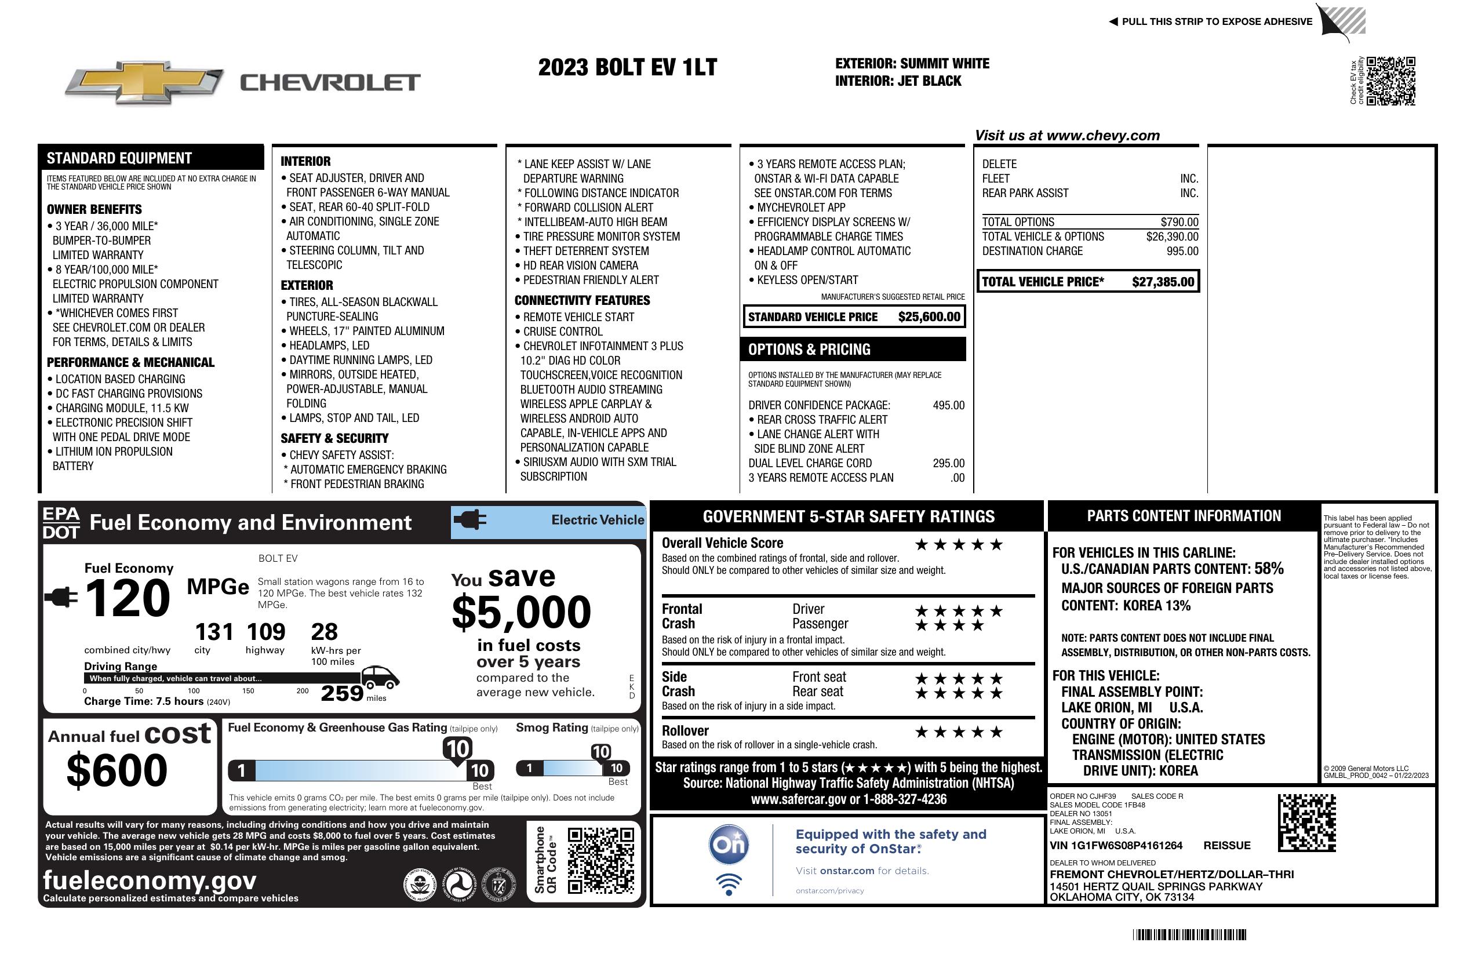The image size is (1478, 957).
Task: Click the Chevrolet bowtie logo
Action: [x=144, y=82]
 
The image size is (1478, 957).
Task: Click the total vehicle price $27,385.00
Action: [x=1163, y=282]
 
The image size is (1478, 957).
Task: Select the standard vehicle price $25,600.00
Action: [x=929, y=316]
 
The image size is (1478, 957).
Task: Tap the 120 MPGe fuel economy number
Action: [x=128, y=598]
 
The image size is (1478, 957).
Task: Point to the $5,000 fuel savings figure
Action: [x=521, y=612]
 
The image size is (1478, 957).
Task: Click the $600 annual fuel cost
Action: [x=117, y=770]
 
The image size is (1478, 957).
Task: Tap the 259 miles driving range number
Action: [x=342, y=693]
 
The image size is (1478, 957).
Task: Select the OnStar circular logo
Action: [x=729, y=845]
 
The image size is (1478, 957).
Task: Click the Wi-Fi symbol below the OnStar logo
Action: [x=729, y=884]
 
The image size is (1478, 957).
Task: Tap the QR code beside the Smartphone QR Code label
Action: [x=600, y=860]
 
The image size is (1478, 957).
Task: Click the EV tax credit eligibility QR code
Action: [x=1390, y=81]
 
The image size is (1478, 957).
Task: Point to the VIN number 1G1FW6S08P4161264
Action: [x=1115, y=845]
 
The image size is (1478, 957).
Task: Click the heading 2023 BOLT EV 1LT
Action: [x=627, y=67]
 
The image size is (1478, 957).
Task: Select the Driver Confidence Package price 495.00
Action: [x=948, y=406]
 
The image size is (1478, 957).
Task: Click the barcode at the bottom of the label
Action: [x=1189, y=934]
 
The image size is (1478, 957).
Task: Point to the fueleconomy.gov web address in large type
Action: [x=150, y=880]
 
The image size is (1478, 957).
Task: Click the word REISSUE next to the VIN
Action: [x=1226, y=845]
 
